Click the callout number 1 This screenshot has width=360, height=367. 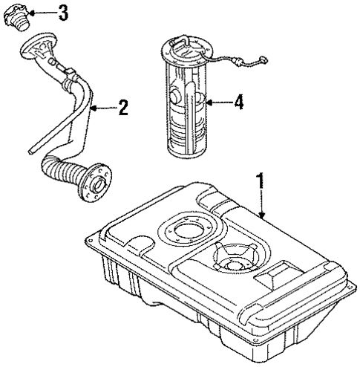260,181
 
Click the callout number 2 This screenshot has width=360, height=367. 123,109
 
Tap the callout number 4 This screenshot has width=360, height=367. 238,103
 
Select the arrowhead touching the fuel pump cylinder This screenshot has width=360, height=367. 209,103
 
